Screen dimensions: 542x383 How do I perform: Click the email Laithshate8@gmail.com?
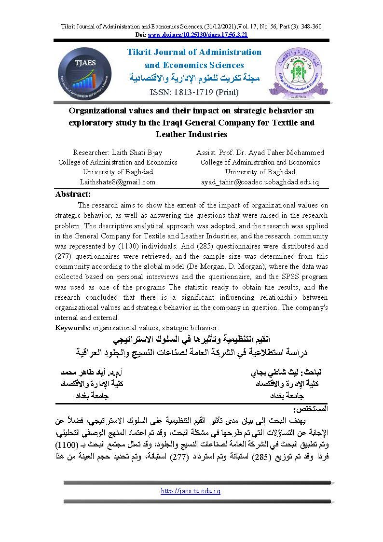[118, 182]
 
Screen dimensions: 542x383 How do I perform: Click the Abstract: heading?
[73, 194]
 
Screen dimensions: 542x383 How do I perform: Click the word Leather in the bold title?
[176, 134]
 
